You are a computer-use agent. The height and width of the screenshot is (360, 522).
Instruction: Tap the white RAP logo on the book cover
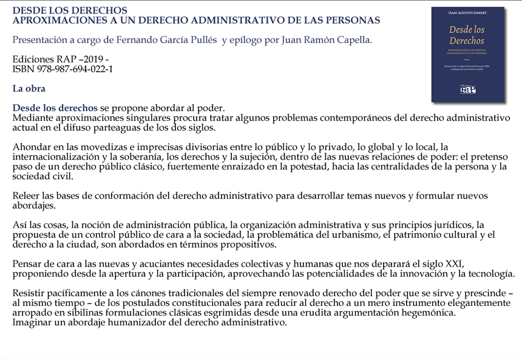pyautogui.click(x=467, y=89)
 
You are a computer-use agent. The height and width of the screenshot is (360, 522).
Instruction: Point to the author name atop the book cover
pyautogui.click(x=467, y=12)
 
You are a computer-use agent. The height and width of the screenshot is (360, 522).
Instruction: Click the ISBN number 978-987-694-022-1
pyautogui.click(x=74, y=69)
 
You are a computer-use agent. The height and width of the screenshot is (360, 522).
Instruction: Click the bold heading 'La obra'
pyautogui.click(x=29, y=89)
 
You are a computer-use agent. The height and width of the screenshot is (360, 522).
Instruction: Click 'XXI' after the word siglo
pyautogui.click(x=455, y=264)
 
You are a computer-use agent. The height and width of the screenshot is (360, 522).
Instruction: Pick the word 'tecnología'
pyautogui.click(x=488, y=274)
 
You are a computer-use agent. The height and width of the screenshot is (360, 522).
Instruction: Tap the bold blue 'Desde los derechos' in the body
pyautogui.click(x=55, y=108)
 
